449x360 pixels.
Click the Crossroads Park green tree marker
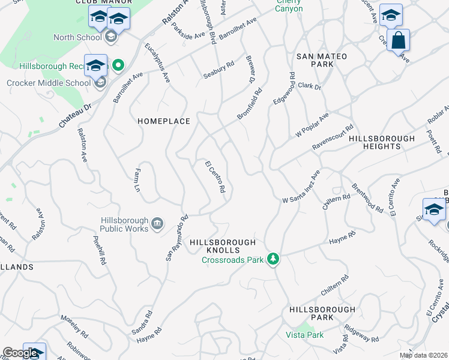tap(274, 259)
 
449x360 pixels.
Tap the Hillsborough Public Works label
tap(124, 224)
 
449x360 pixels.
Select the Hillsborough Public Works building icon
tap(157, 224)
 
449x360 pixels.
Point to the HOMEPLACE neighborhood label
tap(164, 121)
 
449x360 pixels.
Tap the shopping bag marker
tap(398, 41)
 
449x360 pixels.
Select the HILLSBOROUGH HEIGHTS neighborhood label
tap(382, 142)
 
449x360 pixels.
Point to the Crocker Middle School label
tap(47, 83)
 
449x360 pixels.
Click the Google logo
tap(20, 353)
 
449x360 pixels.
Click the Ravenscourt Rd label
tap(333, 138)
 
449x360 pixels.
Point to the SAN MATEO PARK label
tap(322, 60)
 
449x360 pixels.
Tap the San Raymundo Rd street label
tap(177, 238)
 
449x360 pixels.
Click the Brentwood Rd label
tap(367, 198)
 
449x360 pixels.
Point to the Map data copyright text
tap(424, 355)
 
